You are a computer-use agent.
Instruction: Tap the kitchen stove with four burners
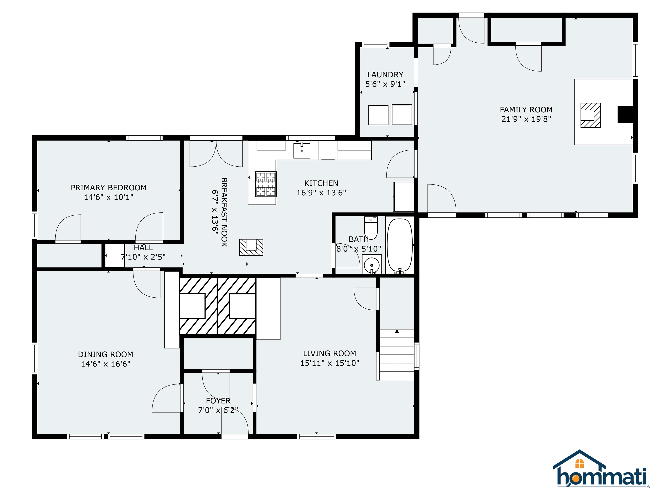coord(266,184)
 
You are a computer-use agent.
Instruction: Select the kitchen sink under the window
coord(302,151)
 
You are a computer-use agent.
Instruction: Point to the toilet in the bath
coord(371,228)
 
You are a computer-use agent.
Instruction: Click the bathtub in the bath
coord(400,245)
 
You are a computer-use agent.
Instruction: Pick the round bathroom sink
coord(372,264)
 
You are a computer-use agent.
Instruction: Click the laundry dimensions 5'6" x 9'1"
coord(385,84)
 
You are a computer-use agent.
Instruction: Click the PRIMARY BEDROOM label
coord(108,188)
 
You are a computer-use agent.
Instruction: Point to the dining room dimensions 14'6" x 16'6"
coord(105,364)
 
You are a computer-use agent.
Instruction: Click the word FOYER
coord(218,401)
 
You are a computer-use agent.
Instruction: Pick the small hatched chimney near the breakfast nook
coord(251,247)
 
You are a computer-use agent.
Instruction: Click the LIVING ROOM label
coord(330,353)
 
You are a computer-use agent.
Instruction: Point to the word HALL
coord(143,248)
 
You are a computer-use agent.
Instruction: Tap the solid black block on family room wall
coord(625,114)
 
